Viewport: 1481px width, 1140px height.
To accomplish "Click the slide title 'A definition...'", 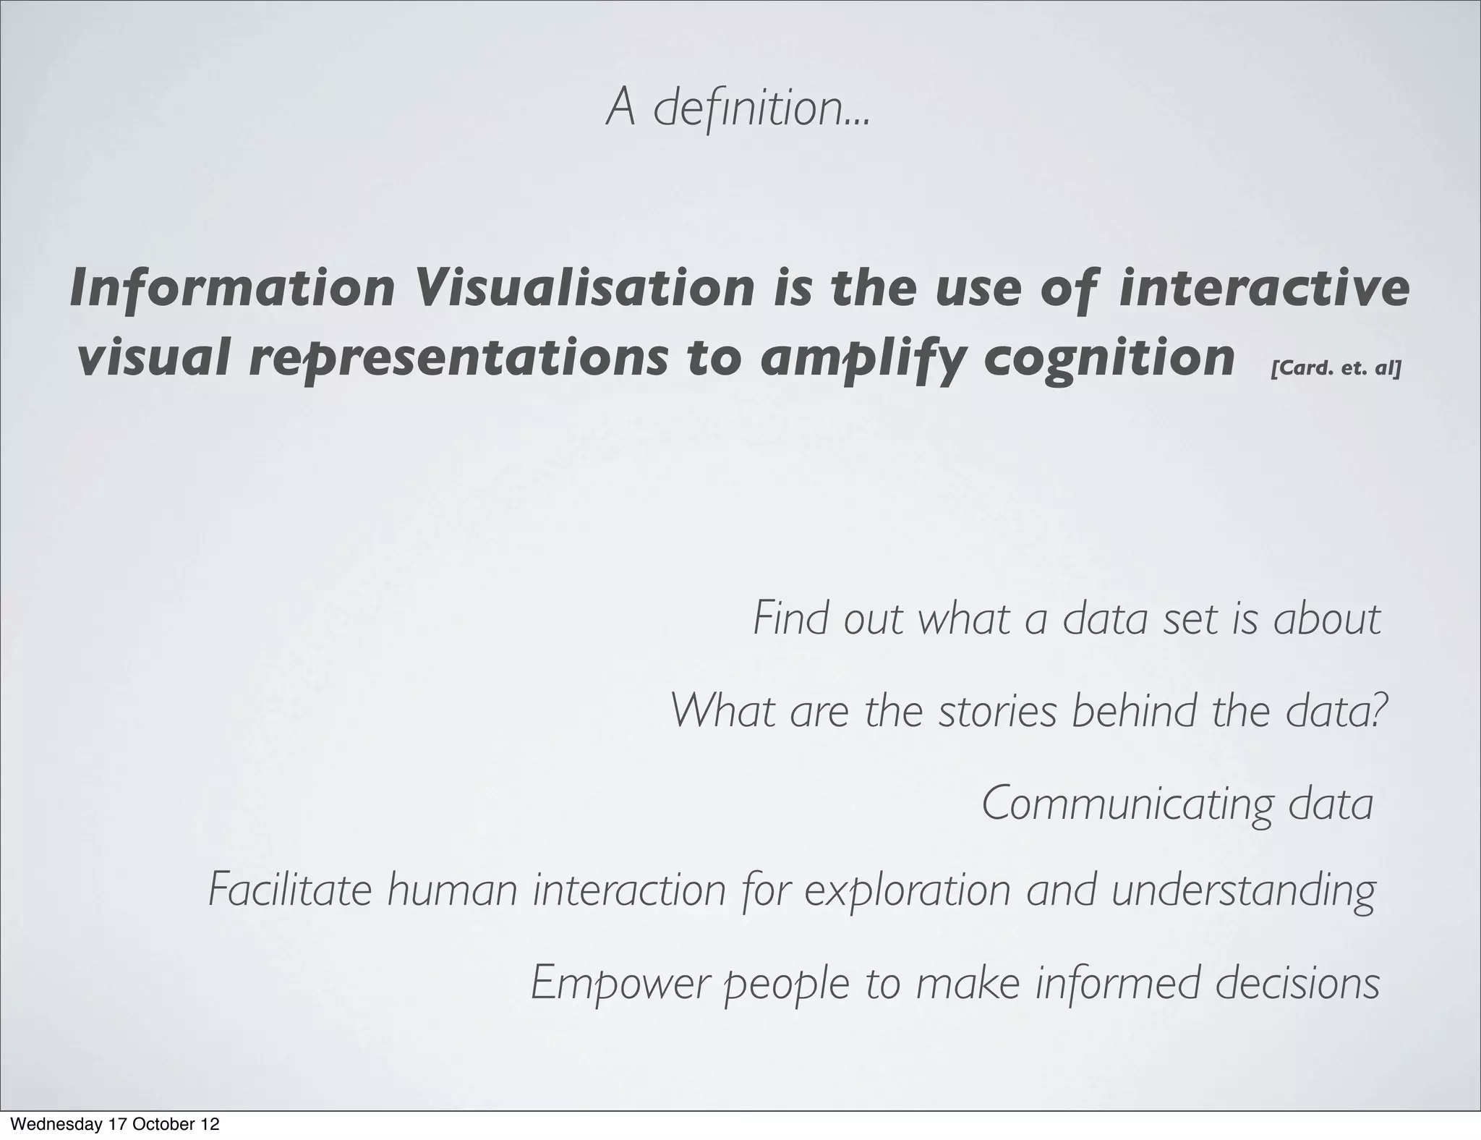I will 738,108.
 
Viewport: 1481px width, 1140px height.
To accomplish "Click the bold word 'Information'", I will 232,289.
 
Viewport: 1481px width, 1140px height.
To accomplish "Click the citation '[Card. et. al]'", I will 1335,368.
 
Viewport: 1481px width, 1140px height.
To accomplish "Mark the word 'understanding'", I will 1242,891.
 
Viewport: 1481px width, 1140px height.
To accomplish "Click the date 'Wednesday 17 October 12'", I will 116,1124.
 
